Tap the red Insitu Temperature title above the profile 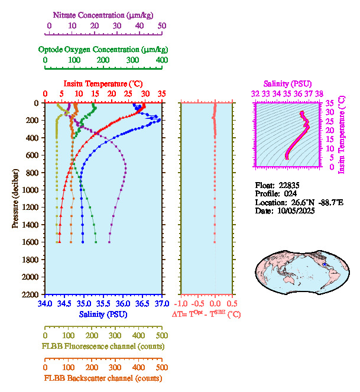tap(102, 83)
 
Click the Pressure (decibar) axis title tap(16, 199)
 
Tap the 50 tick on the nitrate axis tap(162, 26)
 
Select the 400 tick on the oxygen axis tap(161, 60)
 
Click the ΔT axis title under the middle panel tap(206, 315)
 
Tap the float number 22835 tap(287, 184)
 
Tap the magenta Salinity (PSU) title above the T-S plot tap(287, 83)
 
